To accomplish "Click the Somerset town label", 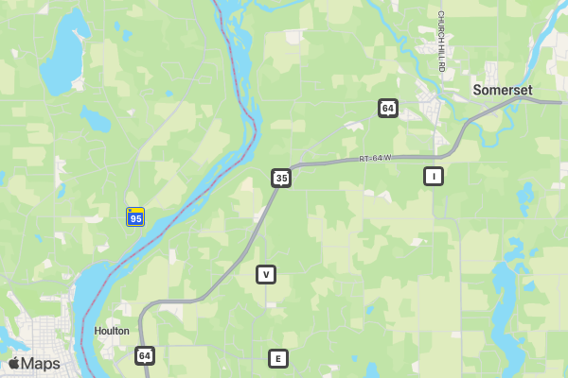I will tap(503, 90).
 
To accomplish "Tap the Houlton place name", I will tap(112, 331).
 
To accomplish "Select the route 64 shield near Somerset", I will tap(388, 108).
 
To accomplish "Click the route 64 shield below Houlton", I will tap(144, 355).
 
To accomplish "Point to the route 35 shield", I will tap(280, 178).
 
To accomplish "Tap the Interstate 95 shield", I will tap(135, 216).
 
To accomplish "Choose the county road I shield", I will tap(433, 176).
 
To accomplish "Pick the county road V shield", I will tap(266, 274).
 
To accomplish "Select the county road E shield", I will tap(277, 358).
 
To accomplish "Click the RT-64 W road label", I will tap(375, 159).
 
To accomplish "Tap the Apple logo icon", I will tap(14, 364).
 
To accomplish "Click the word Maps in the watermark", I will tap(42, 364).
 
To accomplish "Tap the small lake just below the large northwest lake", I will tap(95, 119).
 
